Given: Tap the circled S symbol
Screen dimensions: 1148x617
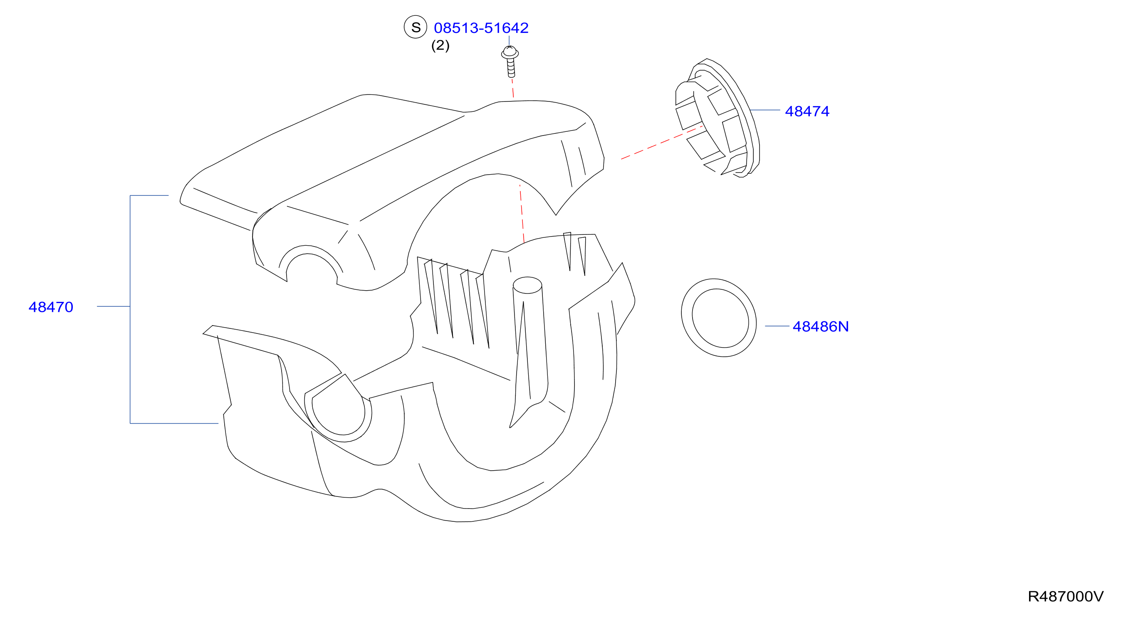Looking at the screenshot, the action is click(x=416, y=27).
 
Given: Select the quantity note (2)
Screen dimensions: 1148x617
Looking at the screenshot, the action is click(x=440, y=45).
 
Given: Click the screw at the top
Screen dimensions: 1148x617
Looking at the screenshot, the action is click(x=510, y=62).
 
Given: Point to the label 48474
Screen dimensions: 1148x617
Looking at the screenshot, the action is click(x=807, y=111).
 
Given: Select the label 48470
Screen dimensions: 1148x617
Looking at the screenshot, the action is click(x=51, y=307).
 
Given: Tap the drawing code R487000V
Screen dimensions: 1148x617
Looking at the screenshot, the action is click(x=1066, y=596).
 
